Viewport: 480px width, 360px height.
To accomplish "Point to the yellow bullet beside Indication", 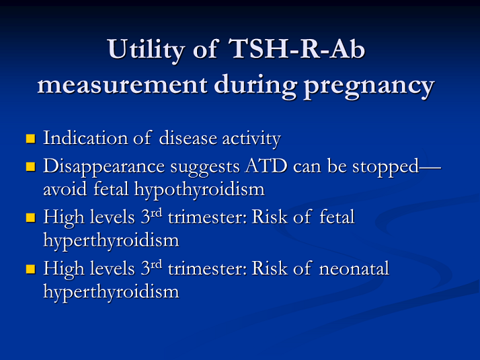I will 30,139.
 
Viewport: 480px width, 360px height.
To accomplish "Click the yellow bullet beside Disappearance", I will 30,166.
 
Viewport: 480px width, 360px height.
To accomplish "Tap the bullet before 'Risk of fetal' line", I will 30,217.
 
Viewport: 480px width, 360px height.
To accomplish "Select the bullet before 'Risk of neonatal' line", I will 30,269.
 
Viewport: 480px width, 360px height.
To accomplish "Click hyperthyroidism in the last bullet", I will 111,292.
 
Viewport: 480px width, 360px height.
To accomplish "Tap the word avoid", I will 61,190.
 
